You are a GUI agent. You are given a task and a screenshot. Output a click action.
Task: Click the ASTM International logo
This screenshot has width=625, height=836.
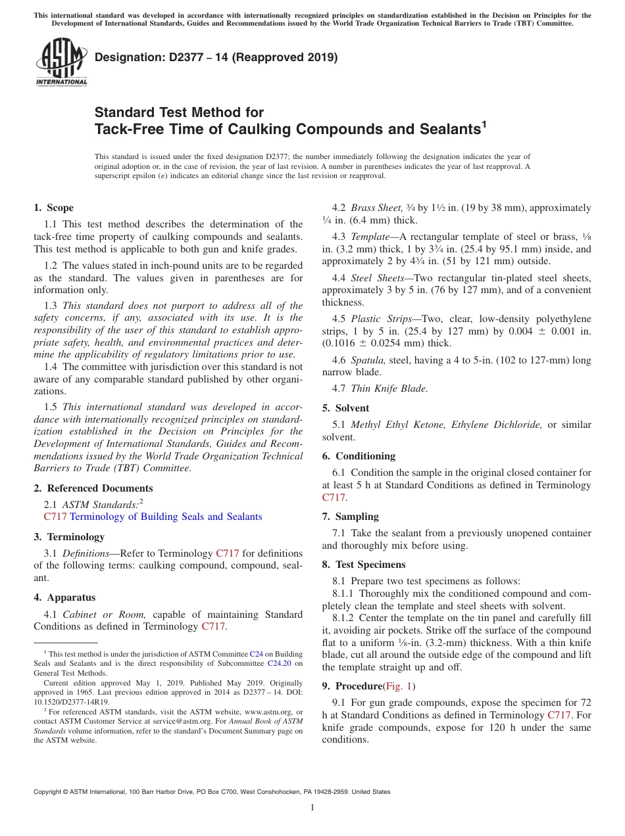point(61,62)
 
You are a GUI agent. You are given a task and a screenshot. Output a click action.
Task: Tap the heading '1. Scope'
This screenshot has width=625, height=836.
point(54,208)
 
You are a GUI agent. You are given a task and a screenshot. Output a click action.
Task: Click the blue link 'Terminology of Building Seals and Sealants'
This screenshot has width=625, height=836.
point(166,517)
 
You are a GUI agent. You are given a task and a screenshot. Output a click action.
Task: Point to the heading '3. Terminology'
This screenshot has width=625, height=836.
point(69,537)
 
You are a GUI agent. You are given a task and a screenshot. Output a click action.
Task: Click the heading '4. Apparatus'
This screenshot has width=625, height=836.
point(64,597)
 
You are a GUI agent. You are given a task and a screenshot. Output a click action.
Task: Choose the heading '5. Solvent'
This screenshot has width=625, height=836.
point(345,408)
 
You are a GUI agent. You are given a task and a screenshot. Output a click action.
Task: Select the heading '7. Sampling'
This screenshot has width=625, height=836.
point(350,517)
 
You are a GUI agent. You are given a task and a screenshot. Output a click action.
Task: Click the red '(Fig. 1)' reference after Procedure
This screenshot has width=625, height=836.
point(399,686)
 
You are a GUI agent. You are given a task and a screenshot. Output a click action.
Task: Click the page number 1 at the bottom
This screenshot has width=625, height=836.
point(312,808)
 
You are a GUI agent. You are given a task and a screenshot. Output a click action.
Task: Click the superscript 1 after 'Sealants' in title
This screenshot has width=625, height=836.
point(484,124)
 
